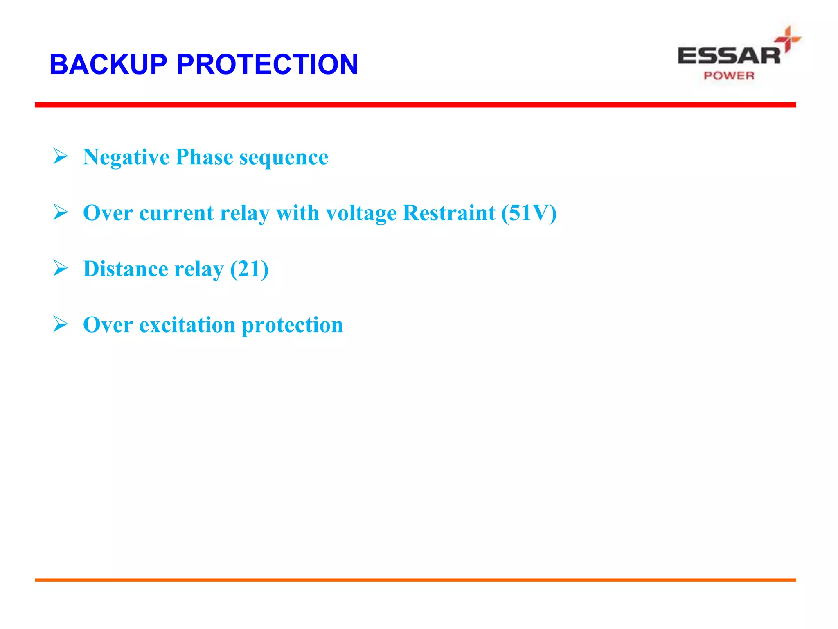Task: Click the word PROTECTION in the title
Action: tap(267, 64)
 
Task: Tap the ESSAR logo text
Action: tap(729, 56)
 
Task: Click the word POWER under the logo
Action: tap(729, 76)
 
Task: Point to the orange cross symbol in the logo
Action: tap(788, 39)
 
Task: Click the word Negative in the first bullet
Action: tap(126, 157)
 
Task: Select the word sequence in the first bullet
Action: tap(284, 157)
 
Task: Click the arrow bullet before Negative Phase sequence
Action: tap(60, 156)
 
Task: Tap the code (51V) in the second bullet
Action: tap(529, 213)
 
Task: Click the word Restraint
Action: tap(449, 213)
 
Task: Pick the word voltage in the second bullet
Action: tap(361, 214)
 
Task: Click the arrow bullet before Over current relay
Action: tap(60, 212)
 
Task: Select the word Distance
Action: tap(126, 269)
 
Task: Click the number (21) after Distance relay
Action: tap(249, 269)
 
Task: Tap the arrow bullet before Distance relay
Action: tap(60, 268)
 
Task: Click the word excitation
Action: tap(187, 325)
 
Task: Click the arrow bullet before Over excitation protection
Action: tap(60, 324)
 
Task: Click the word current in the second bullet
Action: tap(176, 213)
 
